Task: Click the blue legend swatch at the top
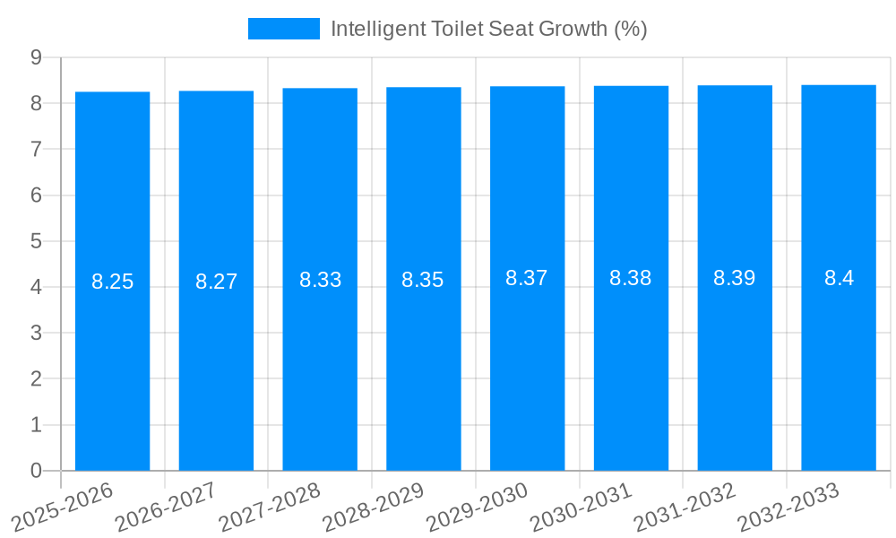pos(283,29)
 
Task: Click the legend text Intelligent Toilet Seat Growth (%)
pos(488,29)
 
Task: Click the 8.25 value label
pos(112,282)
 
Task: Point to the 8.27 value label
pos(216,282)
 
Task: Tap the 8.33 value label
pos(320,280)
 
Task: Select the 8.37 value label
pos(527,278)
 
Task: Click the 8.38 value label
pos(631,278)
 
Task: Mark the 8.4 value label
pos(839,278)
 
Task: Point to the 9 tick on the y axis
pos(37,57)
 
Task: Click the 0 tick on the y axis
pos(37,471)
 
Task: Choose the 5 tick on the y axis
pos(37,241)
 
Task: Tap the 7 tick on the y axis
pos(37,149)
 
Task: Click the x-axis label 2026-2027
pos(164,507)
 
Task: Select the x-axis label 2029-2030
pos(475,507)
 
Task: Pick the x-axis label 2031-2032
pos(683,507)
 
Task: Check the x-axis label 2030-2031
pos(579,507)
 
